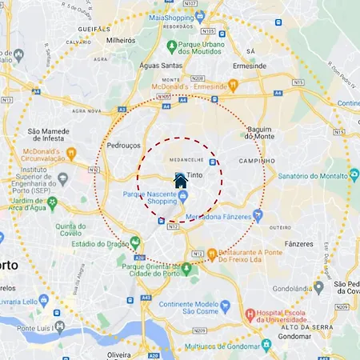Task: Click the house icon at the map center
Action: [x=181, y=181]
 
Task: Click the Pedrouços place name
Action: [x=123, y=146]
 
